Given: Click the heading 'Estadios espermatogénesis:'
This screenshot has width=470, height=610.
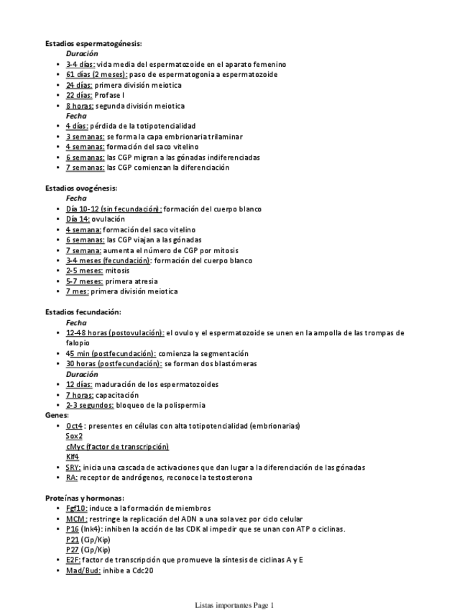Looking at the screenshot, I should (x=93, y=43).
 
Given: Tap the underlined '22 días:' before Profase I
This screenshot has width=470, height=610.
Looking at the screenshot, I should (x=79, y=95).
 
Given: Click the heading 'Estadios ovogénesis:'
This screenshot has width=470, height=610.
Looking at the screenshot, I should (x=80, y=188).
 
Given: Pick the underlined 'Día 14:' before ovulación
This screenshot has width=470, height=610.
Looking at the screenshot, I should (x=78, y=219).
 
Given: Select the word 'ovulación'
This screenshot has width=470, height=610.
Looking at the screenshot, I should (x=109, y=219).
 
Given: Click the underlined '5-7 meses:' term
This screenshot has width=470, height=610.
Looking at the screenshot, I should (x=84, y=281).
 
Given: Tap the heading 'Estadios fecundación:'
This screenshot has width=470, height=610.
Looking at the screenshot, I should (x=83, y=312).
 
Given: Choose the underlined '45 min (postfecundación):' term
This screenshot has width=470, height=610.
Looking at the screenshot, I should (x=111, y=353).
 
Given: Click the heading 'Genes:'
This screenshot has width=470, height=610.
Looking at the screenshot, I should (x=57, y=415).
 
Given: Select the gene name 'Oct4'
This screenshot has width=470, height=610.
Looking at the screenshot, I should (x=74, y=426).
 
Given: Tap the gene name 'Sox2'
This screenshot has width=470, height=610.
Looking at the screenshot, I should (x=74, y=436).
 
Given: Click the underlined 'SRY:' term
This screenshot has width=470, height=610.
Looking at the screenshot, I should (x=73, y=467).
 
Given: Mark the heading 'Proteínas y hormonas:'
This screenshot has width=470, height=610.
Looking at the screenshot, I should (x=84, y=498).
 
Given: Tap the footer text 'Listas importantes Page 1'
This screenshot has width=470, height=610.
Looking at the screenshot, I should (x=234, y=605).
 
